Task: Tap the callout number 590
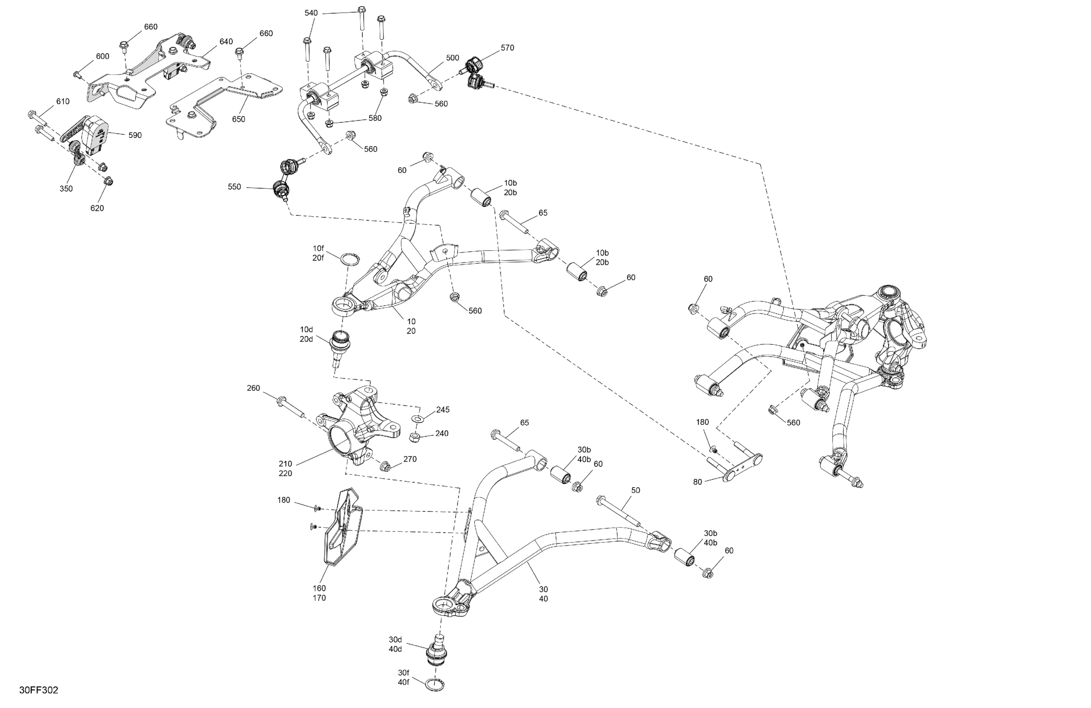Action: (135, 135)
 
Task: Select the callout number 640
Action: (226, 42)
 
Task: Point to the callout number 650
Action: (238, 119)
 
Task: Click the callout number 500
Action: (452, 58)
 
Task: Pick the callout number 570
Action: (508, 48)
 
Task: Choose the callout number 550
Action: (234, 187)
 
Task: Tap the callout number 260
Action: (253, 388)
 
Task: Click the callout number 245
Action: (442, 410)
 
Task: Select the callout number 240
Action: (442, 433)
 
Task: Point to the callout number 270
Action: (410, 459)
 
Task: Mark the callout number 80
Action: (697, 482)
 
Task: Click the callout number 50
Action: (635, 490)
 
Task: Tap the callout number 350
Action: (66, 189)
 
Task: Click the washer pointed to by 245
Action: (418, 418)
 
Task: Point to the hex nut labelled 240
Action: (415, 437)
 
